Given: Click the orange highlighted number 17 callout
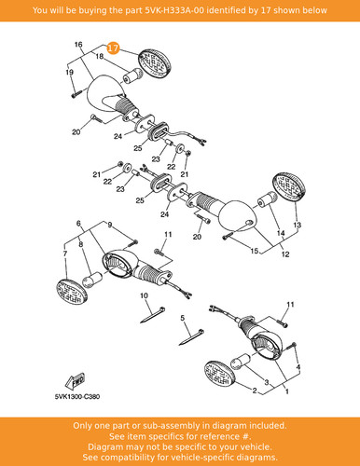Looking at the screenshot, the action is click(113, 48).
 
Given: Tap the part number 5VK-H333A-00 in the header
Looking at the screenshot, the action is click(174, 10).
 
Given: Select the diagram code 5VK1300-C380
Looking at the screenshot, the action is click(77, 397).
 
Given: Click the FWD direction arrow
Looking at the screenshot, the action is click(75, 381).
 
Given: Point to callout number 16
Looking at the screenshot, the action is click(78, 45).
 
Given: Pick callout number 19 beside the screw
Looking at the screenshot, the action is click(69, 73).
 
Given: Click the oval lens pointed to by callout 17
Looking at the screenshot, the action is click(156, 63).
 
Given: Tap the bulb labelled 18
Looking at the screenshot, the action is click(133, 75).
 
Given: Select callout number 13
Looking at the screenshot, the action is click(298, 225).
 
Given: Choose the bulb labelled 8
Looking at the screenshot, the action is click(92, 280).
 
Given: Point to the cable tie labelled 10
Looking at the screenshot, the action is click(153, 315).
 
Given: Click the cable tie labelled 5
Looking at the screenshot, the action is click(191, 337).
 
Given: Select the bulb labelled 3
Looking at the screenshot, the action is click(241, 361).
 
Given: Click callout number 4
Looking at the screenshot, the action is click(298, 368).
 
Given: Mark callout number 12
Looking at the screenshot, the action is click(285, 254).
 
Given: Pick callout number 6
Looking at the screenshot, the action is click(78, 224).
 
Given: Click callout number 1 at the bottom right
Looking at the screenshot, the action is click(286, 391).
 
